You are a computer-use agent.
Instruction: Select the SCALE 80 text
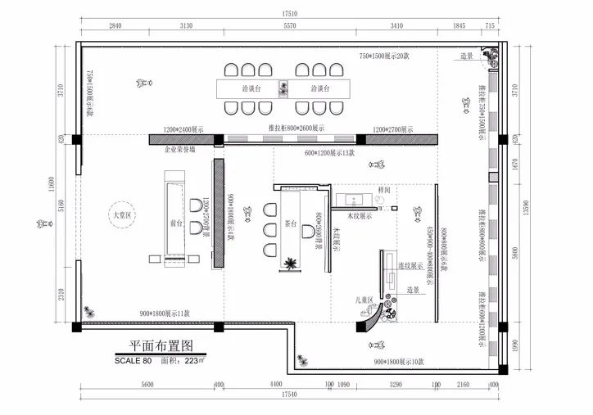tap(134, 359)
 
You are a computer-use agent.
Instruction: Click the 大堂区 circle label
tap(121, 215)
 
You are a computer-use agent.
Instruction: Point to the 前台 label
tap(174, 222)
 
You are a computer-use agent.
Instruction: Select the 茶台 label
tap(290, 222)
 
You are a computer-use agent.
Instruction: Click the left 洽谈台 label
tap(251, 88)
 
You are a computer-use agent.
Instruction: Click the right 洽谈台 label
tap(319, 88)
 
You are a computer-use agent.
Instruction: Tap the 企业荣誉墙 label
tap(180, 151)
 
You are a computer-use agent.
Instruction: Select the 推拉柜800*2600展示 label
tap(296, 129)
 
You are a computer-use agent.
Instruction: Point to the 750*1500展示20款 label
tap(385, 55)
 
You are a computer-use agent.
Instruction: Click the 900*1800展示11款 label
tap(164, 313)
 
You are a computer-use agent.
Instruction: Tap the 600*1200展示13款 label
tap(329, 153)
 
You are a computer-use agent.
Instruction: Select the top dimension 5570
tap(288, 26)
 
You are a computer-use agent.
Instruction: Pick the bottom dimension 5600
tap(147, 384)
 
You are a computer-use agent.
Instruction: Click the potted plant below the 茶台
tap(290, 264)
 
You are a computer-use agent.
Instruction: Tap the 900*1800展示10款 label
tap(399, 361)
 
